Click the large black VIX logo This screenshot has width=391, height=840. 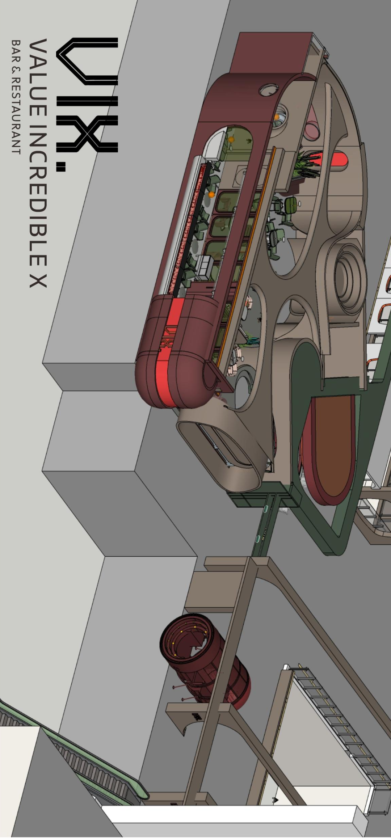(x=87, y=95)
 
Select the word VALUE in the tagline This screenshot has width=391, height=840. (x=38, y=78)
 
